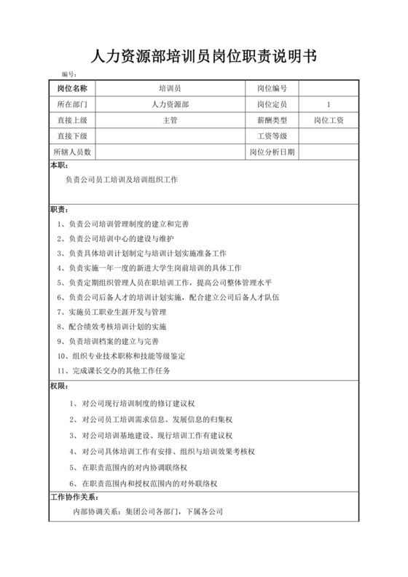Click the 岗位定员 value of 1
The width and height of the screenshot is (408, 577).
point(329,104)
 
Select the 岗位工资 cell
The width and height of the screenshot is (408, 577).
point(329,120)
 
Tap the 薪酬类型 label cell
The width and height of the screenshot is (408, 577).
point(272,120)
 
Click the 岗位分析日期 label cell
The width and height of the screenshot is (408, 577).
point(272,152)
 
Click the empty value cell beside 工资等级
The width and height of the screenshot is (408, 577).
point(329,136)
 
